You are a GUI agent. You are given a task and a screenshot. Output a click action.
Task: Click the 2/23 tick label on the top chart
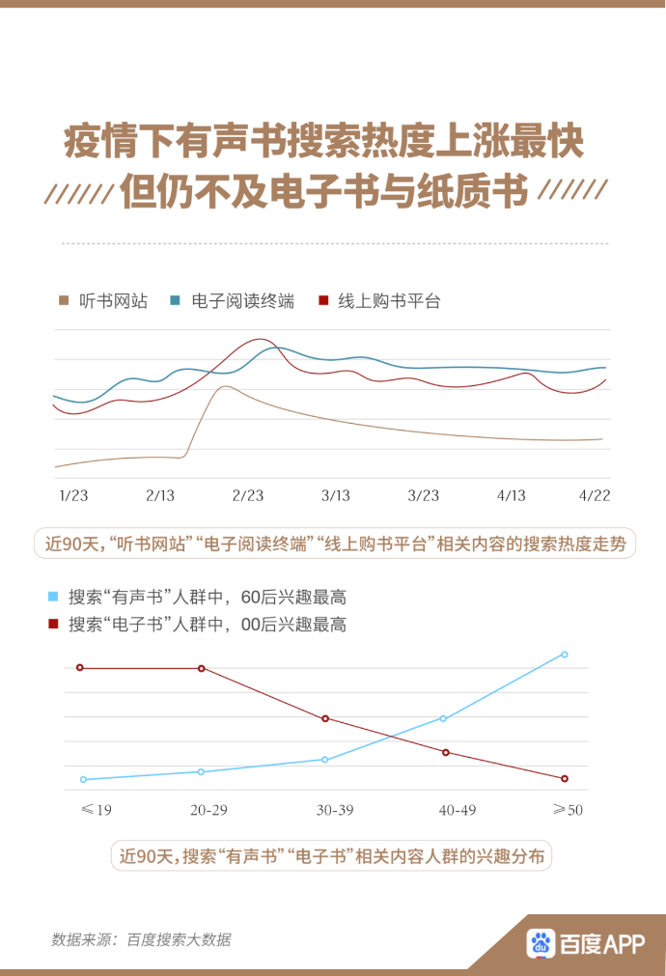(x=248, y=495)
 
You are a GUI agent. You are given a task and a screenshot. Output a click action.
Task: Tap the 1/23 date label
(x=73, y=495)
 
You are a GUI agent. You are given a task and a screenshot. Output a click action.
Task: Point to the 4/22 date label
(x=595, y=495)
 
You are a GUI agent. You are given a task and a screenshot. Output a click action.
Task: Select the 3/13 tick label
(x=335, y=495)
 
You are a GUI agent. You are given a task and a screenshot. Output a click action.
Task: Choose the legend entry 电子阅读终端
(x=241, y=301)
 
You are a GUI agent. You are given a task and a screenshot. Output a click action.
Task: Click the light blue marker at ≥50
(x=565, y=655)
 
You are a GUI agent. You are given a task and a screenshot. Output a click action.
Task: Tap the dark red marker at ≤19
(x=80, y=667)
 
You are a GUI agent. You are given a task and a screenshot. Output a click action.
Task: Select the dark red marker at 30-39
(x=325, y=718)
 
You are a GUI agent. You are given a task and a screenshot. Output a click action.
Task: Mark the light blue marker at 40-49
(x=443, y=718)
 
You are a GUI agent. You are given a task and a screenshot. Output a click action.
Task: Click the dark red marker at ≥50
(x=565, y=778)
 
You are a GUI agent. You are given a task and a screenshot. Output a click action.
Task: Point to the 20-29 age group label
(x=208, y=810)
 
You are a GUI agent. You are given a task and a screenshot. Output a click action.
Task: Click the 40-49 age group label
(x=458, y=810)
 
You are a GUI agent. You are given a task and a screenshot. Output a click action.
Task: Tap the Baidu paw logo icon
(x=541, y=942)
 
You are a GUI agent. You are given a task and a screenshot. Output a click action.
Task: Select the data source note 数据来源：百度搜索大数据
(x=141, y=939)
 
